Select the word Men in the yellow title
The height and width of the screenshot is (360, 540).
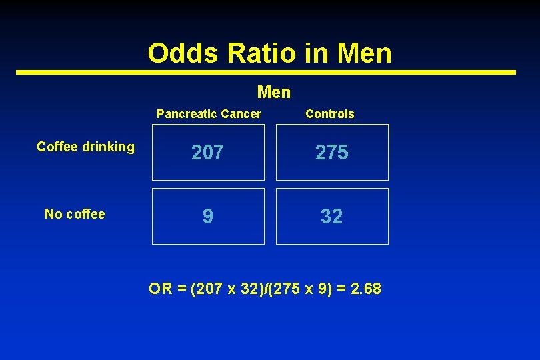[x=365, y=53]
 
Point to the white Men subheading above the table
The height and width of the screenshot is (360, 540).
[x=273, y=92]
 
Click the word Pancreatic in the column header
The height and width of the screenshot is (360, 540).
[x=184, y=114]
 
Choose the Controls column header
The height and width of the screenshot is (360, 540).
[x=329, y=114]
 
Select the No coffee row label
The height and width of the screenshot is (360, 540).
[x=75, y=214]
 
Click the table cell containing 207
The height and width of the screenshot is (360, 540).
[x=208, y=153]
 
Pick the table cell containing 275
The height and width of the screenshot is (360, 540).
[x=332, y=153]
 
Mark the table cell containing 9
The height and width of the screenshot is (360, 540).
[x=208, y=216]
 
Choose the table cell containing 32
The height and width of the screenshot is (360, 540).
[x=332, y=216]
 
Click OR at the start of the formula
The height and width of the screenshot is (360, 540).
[x=161, y=289]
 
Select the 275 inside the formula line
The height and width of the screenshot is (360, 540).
[x=283, y=289]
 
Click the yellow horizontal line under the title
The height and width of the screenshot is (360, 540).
[x=267, y=72]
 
